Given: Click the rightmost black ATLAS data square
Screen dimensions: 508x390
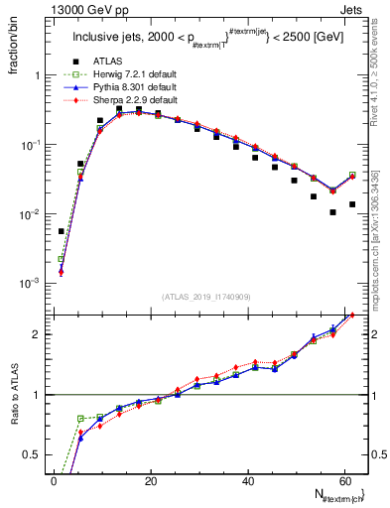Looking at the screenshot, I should tap(352, 204).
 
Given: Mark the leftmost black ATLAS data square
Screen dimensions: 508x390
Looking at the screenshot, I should tap(62, 231).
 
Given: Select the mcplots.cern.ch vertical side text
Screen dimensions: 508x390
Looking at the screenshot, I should tap(378, 228).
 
